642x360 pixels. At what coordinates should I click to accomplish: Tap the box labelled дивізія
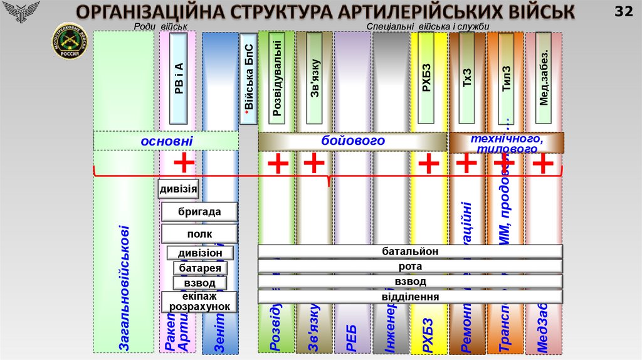coord(179,188)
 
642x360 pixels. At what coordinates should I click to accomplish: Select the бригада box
coord(199,212)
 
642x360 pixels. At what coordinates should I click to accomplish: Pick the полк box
coord(199,234)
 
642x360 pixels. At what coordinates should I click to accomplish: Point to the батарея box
coord(200,268)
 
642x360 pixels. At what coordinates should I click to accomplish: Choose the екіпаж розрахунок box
coord(199,302)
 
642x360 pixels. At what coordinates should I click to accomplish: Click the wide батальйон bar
coord(410,251)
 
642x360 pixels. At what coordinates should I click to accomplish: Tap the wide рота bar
coord(410,266)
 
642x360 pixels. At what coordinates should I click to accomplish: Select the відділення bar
coord(410,297)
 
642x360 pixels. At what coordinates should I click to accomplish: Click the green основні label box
coord(166,141)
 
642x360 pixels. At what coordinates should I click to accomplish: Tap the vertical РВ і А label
coord(179,78)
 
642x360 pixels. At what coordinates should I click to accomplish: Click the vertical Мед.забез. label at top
coord(544,78)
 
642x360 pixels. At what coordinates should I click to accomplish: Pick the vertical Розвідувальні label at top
coord(276,77)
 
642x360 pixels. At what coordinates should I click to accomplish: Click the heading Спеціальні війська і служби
coord(428,26)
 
